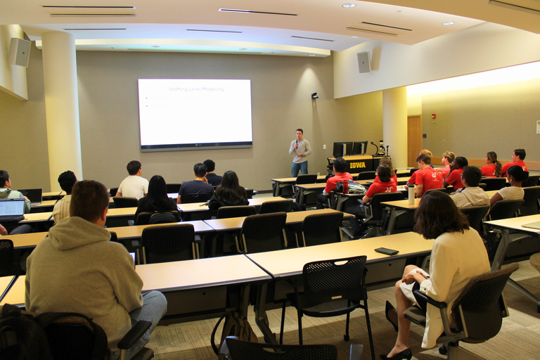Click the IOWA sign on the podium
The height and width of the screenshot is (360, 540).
coord(357,165)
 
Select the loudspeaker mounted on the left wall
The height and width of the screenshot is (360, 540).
coord(20,52)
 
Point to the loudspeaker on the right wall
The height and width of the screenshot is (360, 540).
coord(364,62)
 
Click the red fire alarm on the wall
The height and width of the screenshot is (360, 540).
coord(433,116)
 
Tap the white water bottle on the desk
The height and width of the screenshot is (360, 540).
coord(411,194)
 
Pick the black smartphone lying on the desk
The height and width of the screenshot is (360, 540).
coord(386,251)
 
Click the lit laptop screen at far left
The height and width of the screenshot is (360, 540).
coord(11,208)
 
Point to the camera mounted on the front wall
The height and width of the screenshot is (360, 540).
coord(314,95)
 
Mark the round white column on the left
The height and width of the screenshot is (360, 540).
coord(61,105)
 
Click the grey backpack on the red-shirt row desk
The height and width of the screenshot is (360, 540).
coord(354,188)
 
